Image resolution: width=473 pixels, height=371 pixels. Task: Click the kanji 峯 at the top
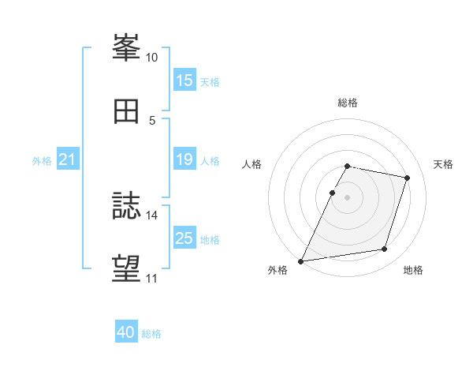(126, 47)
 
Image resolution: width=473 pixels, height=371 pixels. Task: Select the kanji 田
(126, 111)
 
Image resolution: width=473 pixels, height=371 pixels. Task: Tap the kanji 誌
(126, 205)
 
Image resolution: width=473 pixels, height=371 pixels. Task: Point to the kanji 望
(126, 268)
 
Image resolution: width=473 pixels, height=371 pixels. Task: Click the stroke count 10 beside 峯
(151, 58)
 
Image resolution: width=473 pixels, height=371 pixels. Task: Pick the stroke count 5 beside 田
(152, 121)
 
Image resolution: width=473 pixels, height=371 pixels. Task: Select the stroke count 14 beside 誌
(151, 215)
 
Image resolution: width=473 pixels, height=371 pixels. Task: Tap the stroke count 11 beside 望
(151, 279)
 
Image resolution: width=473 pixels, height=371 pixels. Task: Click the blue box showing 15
(184, 80)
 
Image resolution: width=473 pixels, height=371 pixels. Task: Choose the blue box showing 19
(184, 159)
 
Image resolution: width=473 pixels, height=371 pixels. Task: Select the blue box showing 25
(184, 237)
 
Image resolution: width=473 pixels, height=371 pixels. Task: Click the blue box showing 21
(68, 159)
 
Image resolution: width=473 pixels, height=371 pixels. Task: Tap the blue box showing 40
(126, 331)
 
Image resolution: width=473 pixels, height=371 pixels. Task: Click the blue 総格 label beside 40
(151, 334)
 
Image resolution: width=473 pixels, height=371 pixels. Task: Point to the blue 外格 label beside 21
(42, 161)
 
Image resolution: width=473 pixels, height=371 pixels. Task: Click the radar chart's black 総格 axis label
(348, 103)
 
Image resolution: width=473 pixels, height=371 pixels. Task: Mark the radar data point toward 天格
(407, 178)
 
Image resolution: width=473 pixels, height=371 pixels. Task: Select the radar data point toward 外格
(300, 261)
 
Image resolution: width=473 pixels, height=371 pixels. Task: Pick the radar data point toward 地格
(385, 249)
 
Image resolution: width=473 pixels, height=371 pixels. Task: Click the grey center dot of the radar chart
(347, 197)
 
